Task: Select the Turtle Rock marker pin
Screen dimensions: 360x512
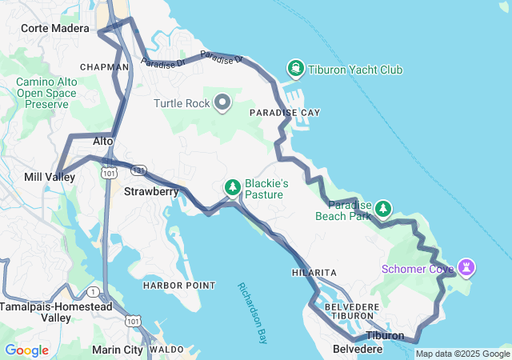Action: [x=222, y=103]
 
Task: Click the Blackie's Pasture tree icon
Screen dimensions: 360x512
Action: [x=232, y=187]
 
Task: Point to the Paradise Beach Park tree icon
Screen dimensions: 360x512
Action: [x=383, y=209]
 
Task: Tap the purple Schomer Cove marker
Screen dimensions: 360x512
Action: [x=467, y=267]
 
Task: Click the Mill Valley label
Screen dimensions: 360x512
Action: [x=50, y=177]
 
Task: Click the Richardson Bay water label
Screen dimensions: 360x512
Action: [x=251, y=312]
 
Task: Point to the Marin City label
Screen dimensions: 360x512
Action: [x=118, y=350]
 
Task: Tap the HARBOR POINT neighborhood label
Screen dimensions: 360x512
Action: [x=178, y=286]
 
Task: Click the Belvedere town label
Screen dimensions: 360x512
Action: [x=353, y=350]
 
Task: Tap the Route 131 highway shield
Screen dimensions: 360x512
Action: [x=138, y=170]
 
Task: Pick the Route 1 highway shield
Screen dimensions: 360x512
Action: [x=94, y=291]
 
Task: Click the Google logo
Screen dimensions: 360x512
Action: [x=26, y=350]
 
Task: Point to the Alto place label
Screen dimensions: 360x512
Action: [x=103, y=141]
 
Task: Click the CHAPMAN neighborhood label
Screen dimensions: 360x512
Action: [x=104, y=67]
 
